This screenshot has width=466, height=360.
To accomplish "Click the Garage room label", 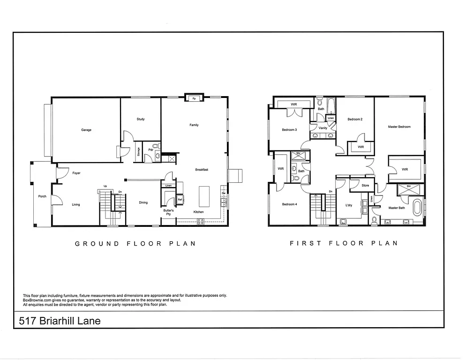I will point(86,130).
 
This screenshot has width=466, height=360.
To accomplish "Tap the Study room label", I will point(141,119).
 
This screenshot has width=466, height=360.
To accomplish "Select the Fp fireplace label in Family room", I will point(194,98).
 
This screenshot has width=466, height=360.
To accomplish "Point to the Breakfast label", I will point(202,170).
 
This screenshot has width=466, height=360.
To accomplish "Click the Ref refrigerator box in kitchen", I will point(180,200).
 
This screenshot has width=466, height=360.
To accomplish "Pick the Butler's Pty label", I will point(168,212).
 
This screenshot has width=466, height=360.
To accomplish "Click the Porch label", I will point(42,196).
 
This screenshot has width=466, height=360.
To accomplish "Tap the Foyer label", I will point(76,173).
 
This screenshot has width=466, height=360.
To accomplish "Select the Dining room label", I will point(143,202).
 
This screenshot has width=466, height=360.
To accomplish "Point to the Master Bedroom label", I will point(399,127).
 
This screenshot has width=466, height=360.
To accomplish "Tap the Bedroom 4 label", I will point(289,204).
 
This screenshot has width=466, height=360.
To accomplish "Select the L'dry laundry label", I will point(348,205).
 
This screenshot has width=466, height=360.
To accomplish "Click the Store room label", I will point(365,186).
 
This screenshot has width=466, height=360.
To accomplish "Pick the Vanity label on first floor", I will point(323,127).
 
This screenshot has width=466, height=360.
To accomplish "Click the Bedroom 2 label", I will point(355,119).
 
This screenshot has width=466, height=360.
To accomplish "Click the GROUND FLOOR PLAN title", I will point(135,243).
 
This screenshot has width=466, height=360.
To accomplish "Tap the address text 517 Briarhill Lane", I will point(60,321).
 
